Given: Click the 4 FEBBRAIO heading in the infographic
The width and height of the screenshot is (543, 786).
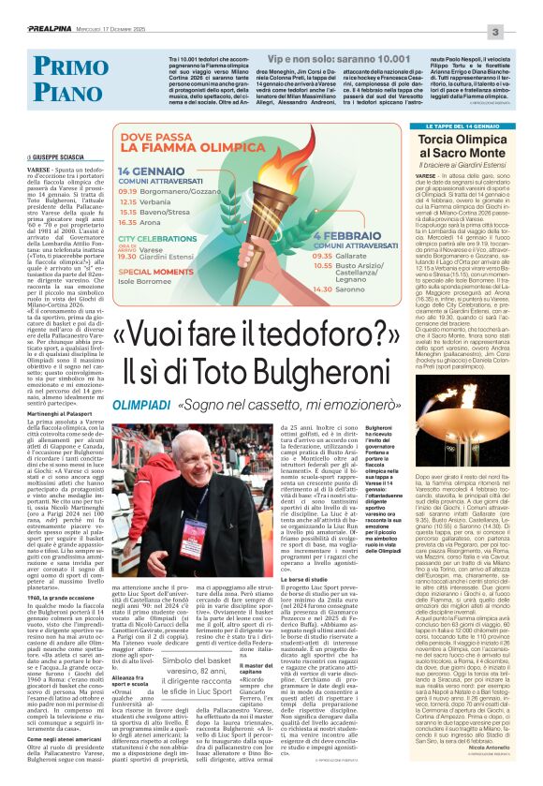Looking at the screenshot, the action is click(x=340, y=238).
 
